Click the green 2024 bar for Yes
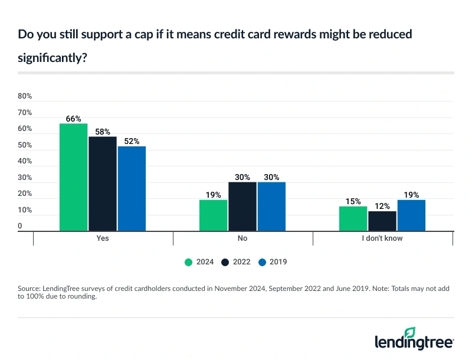73,177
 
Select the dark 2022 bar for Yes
103,184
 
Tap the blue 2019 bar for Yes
131,188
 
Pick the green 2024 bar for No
213,215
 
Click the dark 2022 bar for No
242,207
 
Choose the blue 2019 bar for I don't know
411,215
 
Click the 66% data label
73,119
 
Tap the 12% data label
382,206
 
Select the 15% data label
353,201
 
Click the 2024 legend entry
199,261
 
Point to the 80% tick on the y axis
25,96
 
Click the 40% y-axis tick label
25,161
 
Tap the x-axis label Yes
102,240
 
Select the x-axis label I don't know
382,240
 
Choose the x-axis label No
242,240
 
